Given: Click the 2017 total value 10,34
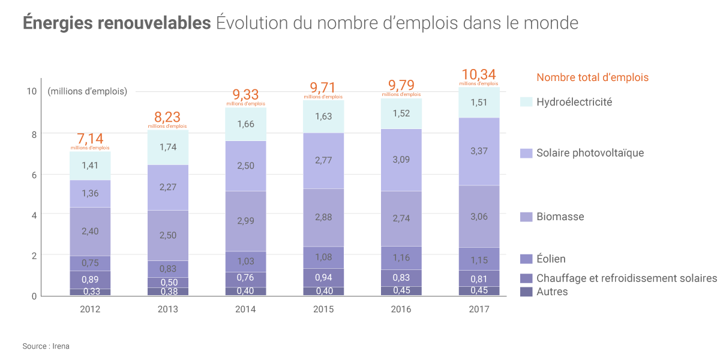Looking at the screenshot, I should (x=479, y=75).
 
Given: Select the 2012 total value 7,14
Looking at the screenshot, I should (x=89, y=139).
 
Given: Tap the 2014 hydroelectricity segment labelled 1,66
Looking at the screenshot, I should (x=245, y=124).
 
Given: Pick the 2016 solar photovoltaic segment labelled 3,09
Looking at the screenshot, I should (x=401, y=160).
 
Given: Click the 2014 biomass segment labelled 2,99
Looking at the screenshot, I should (x=245, y=221).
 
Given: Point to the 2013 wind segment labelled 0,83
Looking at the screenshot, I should (x=167, y=269).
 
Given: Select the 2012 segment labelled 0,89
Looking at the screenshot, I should (x=89, y=280).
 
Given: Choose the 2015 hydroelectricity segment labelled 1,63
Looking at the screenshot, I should (x=323, y=116).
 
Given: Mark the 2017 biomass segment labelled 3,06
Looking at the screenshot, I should (x=479, y=217).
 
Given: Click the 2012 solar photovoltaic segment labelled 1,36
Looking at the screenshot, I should (x=89, y=193).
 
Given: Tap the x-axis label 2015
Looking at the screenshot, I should (x=323, y=310).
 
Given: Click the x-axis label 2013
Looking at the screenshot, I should (x=167, y=310).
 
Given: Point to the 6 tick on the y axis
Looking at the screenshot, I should (x=33, y=175).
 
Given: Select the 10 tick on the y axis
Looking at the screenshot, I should (x=31, y=91).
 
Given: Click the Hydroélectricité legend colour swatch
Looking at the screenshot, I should (x=526, y=102).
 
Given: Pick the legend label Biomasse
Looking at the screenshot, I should (x=560, y=217).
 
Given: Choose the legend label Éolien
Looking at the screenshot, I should (x=551, y=259).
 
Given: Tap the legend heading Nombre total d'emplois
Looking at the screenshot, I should (x=592, y=77).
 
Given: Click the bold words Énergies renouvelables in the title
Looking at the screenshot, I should (x=116, y=23).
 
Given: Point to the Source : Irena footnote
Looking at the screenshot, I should (x=46, y=346).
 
